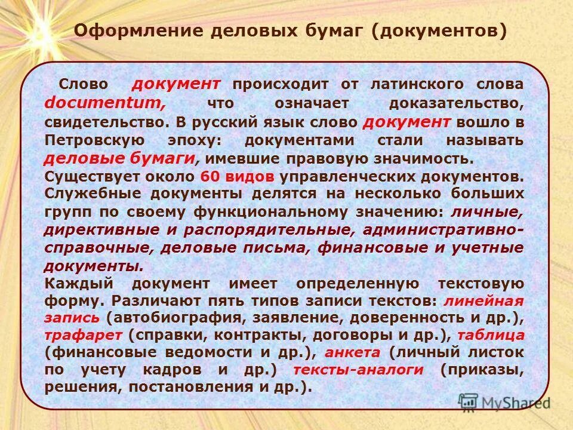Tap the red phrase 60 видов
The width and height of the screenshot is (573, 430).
click(x=237, y=177)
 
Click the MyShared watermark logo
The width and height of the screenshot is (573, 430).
click(x=504, y=402)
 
